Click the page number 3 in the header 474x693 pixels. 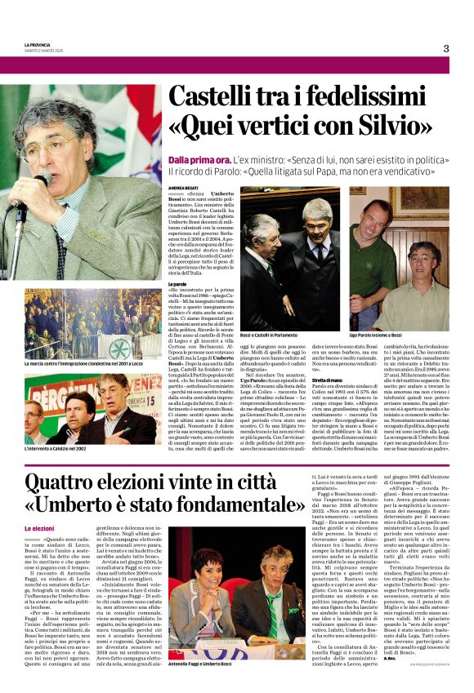click(446, 48)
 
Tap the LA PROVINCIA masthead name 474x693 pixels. click(37, 44)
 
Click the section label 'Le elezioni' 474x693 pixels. click(39, 529)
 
